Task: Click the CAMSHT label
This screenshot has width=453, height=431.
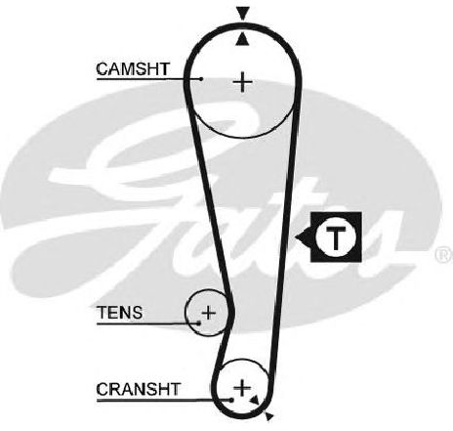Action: [133, 69]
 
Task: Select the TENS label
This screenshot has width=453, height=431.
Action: [120, 313]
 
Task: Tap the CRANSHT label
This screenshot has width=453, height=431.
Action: [139, 389]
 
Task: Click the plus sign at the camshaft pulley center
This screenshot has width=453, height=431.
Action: [242, 81]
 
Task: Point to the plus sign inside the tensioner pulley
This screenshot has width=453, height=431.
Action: [209, 313]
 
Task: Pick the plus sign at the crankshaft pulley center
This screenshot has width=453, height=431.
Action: [242, 388]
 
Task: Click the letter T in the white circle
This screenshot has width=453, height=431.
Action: [336, 237]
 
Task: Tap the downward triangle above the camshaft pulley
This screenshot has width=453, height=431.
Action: [243, 14]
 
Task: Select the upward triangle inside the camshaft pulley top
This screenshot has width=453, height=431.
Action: [242, 39]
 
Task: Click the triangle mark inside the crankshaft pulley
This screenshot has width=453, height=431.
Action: [254, 400]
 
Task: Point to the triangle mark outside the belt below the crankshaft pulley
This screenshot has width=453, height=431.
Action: [268, 416]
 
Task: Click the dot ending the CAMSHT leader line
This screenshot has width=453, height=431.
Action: [201, 79]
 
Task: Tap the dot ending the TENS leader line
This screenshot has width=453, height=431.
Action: [199, 323]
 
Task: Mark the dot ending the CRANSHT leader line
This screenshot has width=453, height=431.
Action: [231, 400]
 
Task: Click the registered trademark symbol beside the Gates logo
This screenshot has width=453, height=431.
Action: [444, 255]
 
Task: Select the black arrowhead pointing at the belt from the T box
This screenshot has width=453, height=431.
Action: [303, 237]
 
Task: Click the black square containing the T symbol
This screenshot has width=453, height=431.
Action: [336, 237]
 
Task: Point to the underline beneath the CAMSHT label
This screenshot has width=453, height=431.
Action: [148, 79]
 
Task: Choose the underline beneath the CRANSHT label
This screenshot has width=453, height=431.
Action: [164, 400]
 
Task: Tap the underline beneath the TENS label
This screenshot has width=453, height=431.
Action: [147, 323]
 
